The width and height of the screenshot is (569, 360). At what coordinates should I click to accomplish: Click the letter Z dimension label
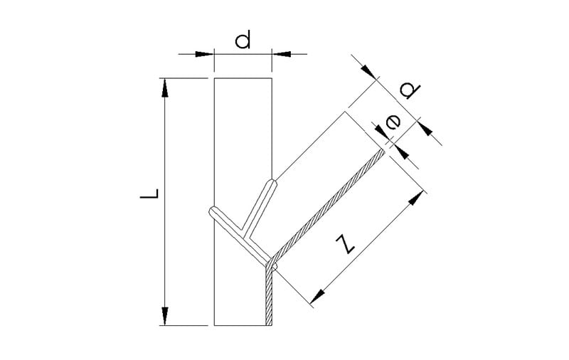345,244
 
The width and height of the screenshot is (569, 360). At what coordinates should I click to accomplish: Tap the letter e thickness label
393,122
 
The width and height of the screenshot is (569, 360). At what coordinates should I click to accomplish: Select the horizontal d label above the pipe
243,40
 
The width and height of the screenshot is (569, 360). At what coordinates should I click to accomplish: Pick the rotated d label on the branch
410,90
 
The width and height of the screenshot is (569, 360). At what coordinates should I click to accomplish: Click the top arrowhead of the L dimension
165,88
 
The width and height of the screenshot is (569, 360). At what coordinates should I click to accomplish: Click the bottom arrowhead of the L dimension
165,316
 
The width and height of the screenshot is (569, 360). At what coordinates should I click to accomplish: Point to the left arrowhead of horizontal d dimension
205,54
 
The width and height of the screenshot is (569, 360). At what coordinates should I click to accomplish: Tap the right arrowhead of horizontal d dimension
282,54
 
